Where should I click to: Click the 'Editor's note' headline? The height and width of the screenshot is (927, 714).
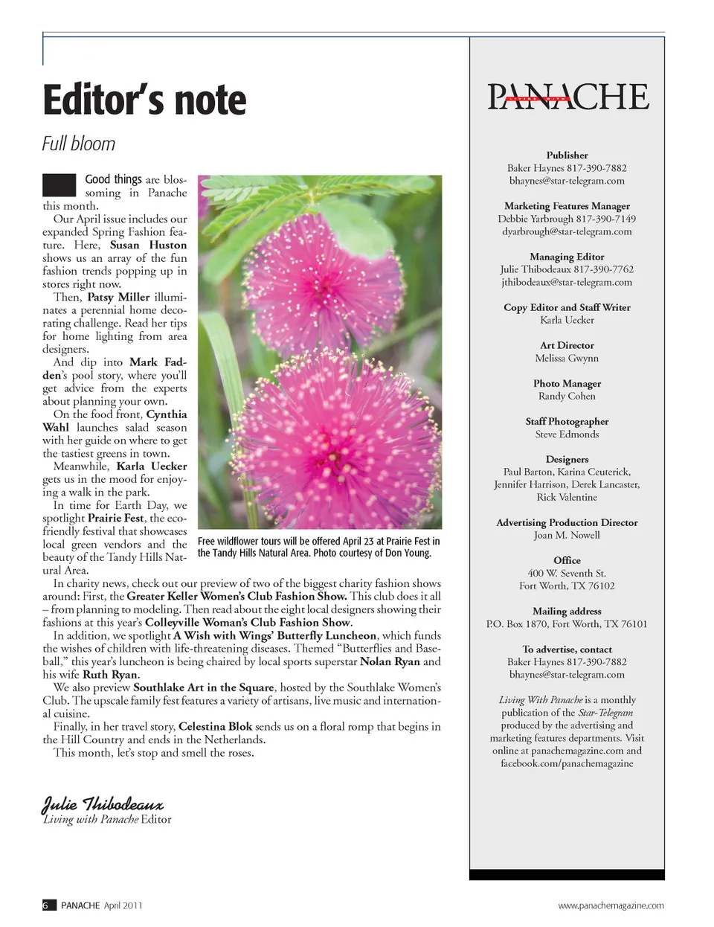[144, 100]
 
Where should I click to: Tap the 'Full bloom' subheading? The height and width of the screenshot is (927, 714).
[79, 144]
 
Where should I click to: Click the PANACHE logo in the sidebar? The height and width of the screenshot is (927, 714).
[567, 97]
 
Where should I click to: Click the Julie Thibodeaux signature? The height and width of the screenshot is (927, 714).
[102, 804]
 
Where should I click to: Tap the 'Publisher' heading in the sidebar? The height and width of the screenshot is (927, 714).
[567, 155]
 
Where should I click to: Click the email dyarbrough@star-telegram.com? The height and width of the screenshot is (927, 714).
[567, 231]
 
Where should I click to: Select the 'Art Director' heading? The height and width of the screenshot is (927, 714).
[567, 345]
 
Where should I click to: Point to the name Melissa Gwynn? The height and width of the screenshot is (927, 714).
[567, 358]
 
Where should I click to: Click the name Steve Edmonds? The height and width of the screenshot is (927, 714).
[567, 434]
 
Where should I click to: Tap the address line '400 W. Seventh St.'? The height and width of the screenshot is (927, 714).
[567, 573]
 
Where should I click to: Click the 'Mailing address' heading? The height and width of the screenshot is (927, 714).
[567, 611]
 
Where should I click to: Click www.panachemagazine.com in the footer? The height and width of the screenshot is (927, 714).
[611, 905]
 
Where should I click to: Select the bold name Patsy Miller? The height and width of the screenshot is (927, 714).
[118, 297]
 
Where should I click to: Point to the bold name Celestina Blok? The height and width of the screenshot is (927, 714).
[215, 726]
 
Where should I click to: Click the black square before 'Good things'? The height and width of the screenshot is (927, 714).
[59, 185]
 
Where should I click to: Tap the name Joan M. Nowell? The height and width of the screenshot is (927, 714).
[567, 535]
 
